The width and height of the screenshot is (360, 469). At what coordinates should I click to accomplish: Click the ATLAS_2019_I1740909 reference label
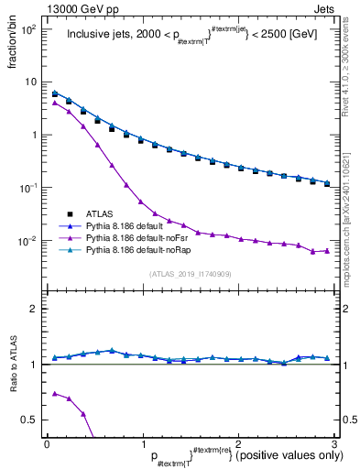tap(191, 273)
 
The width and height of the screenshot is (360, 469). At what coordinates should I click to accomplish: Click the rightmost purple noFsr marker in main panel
tap(327, 250)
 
